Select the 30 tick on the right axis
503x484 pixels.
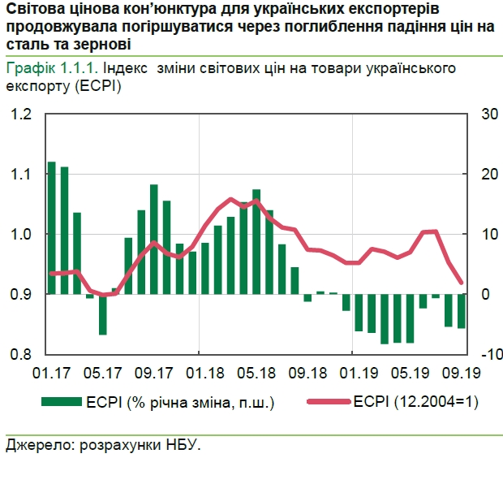click(x=488, y=114)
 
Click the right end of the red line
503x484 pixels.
click(x=462, y=283)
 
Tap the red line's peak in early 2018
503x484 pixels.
click(x=231, y=199)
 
